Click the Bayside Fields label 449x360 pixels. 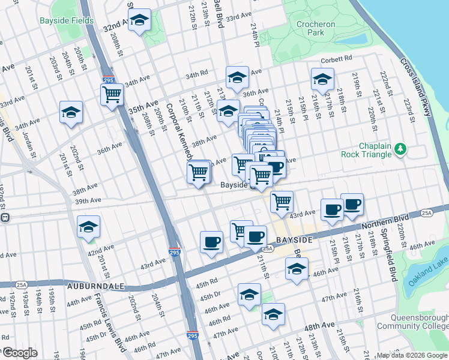tap(67, 20)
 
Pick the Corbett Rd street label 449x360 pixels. tap(336, 59)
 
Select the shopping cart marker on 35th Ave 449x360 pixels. tap(112, 94)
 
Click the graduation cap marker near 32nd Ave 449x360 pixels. tap(139, 21)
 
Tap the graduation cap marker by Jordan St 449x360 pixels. tap(71, 112)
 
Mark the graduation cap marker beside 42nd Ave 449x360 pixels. tap(88, 226)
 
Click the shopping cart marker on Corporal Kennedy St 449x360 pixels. tap(199, 173)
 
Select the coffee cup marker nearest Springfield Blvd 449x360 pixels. tap(352, 204)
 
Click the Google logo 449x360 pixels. tap(20, 353)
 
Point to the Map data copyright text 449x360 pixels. tap(411, 355)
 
